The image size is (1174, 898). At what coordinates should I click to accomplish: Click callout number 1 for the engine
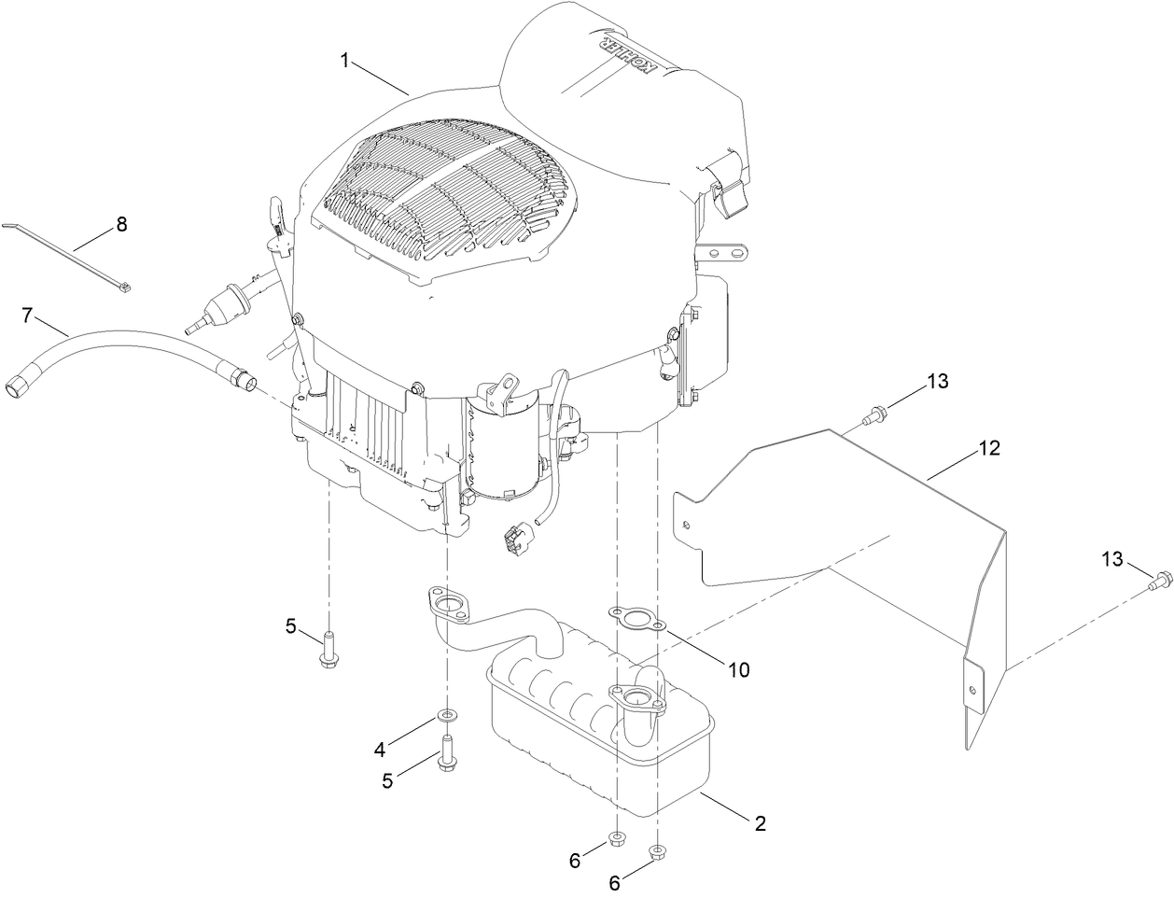(345, 61)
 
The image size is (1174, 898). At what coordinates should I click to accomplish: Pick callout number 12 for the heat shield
(989, 448)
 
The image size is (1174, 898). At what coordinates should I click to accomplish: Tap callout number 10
(738, 669)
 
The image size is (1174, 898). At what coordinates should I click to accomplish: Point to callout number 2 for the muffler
(760, 822)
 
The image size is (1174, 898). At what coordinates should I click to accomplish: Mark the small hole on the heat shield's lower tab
(973, 690)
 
